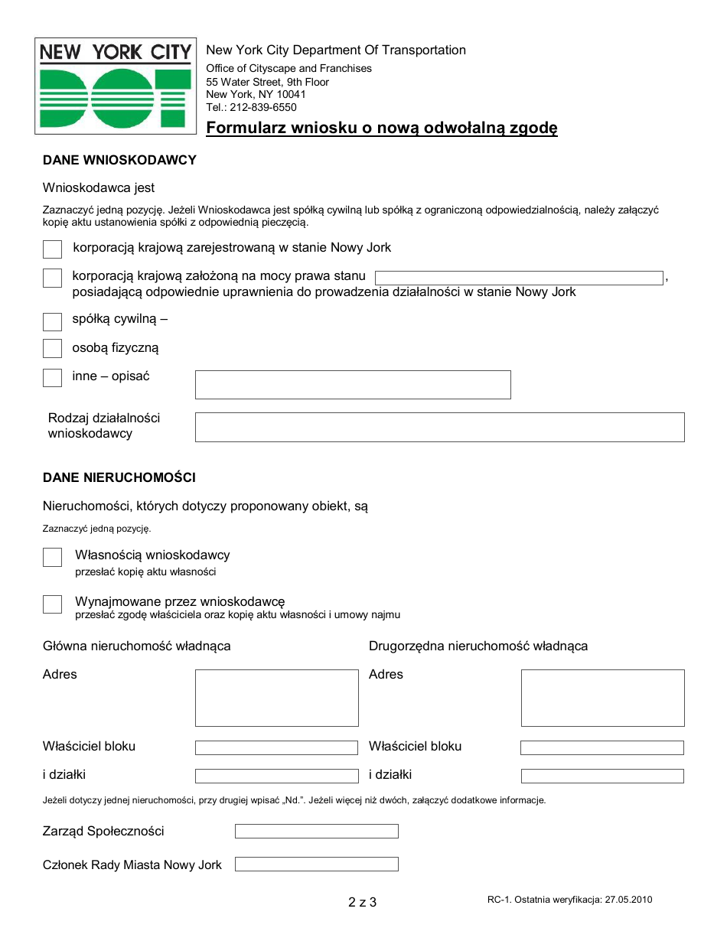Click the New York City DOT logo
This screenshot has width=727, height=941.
point(115,86)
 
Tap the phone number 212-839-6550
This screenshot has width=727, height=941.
point(264,108)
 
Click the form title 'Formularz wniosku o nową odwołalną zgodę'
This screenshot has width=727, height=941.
point(381,129)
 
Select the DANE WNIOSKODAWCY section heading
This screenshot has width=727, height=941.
point(119,160)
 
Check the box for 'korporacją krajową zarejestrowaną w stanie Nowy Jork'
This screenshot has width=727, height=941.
point(52,249)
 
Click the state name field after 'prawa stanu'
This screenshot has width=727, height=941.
point(518,278)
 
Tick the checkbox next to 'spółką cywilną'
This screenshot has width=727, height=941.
point(52,321)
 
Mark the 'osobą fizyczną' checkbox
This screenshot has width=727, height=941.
point(52,349)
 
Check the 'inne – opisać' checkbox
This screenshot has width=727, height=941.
point(52,378)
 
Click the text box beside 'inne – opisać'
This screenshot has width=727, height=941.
point(353,385)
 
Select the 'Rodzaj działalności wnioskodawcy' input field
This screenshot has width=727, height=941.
point(439,427)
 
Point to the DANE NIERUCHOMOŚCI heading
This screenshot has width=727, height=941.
point(119,477)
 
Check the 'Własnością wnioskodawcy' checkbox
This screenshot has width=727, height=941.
point(52,558)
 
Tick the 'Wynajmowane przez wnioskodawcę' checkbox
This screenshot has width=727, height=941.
point(52,604)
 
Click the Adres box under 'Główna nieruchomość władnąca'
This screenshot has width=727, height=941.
point(276,698)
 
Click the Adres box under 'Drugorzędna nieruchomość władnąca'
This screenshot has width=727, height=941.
point(602,698)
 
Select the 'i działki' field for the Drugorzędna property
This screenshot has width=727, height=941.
point(602,776)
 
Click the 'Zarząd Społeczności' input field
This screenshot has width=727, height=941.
point(316,831)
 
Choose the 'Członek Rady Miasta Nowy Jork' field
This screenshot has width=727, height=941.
point(316,864)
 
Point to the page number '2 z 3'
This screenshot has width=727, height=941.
point(362,902)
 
